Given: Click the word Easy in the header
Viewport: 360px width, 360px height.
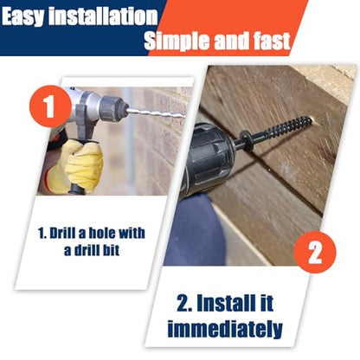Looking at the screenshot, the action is tap(23, 16).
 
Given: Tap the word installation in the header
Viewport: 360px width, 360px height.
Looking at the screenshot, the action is tap(103, 16).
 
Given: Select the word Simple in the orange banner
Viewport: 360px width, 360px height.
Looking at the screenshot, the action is tap(178, 41).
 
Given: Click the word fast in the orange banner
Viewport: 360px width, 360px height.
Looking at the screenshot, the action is tap(272, 41).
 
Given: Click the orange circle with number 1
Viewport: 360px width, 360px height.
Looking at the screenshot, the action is tap(50, 106).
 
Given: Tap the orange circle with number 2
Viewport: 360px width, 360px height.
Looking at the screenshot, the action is tap(315, 252).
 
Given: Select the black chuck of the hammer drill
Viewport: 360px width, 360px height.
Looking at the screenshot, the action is tap(112, 108).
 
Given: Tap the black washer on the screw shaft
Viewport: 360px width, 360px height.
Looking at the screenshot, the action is tap(245, 139).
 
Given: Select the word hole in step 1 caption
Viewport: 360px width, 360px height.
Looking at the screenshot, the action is tap(102, 233).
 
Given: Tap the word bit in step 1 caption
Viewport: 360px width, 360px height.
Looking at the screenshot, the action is tap(112, 250).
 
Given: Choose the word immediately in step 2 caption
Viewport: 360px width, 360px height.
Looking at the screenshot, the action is tap(225, 329).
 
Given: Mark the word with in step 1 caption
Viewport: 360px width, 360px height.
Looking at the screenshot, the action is tap(132, 233).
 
